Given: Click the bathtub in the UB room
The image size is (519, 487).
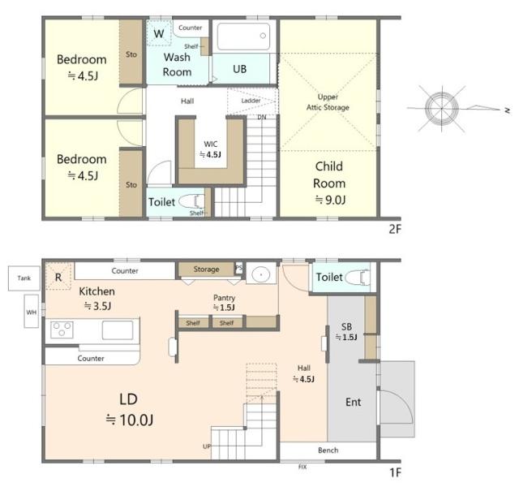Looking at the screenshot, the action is click(x=243, y=36).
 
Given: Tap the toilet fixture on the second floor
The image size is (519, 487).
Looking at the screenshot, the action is click(x=191, y=202).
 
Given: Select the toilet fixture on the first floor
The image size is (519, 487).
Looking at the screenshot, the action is click(x=358, y=278).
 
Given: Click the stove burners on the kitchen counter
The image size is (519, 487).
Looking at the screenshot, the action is click(x=62, y=330).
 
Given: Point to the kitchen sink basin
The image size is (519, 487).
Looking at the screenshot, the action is click(x=117, y=330).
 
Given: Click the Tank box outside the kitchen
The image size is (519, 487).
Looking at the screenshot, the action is click(x=24, y=278).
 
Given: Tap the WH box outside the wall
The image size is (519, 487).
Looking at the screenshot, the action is click(x=32, y=312).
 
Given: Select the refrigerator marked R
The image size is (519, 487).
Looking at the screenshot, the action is click(x=58, y=277).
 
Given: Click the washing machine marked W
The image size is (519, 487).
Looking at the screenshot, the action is click(x=159, y=33).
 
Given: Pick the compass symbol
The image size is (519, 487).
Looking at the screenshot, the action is click(x=442, y=108).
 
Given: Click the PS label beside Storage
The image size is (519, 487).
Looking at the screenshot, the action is click(x=238, y=267).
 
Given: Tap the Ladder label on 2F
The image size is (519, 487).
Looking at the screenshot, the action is click(x=251, y=101).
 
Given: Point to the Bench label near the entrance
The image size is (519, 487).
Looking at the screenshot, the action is click(x=328, y=450).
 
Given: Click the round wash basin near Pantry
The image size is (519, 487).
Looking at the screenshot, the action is click(x=261, y=274).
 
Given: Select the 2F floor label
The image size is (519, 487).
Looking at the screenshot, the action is click(x=395, y=229).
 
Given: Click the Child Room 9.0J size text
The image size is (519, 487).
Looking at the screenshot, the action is click(x=330, y=200).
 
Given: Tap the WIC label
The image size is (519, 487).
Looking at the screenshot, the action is click(x=211, y=144).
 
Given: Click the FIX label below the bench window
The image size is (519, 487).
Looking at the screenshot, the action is click(x=302, y=467).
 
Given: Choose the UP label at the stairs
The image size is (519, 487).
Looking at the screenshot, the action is click(x=207, y=446).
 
